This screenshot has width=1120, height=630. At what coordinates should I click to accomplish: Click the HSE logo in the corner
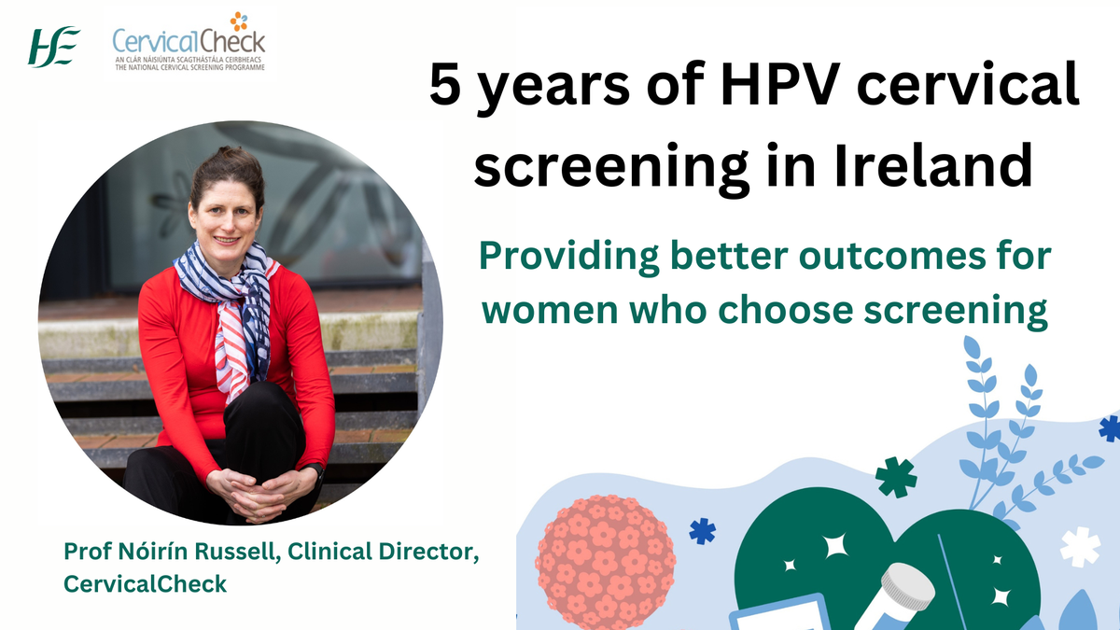54,47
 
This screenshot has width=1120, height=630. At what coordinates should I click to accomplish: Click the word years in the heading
557,91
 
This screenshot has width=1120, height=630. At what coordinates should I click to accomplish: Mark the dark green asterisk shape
895,477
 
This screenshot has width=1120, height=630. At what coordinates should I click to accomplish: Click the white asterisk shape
1080,547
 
